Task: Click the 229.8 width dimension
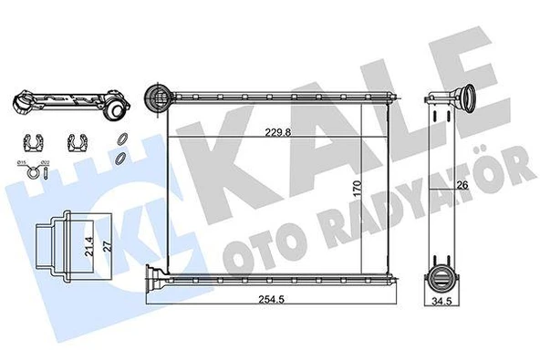[279, 131]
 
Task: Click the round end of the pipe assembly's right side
[118, 109]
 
